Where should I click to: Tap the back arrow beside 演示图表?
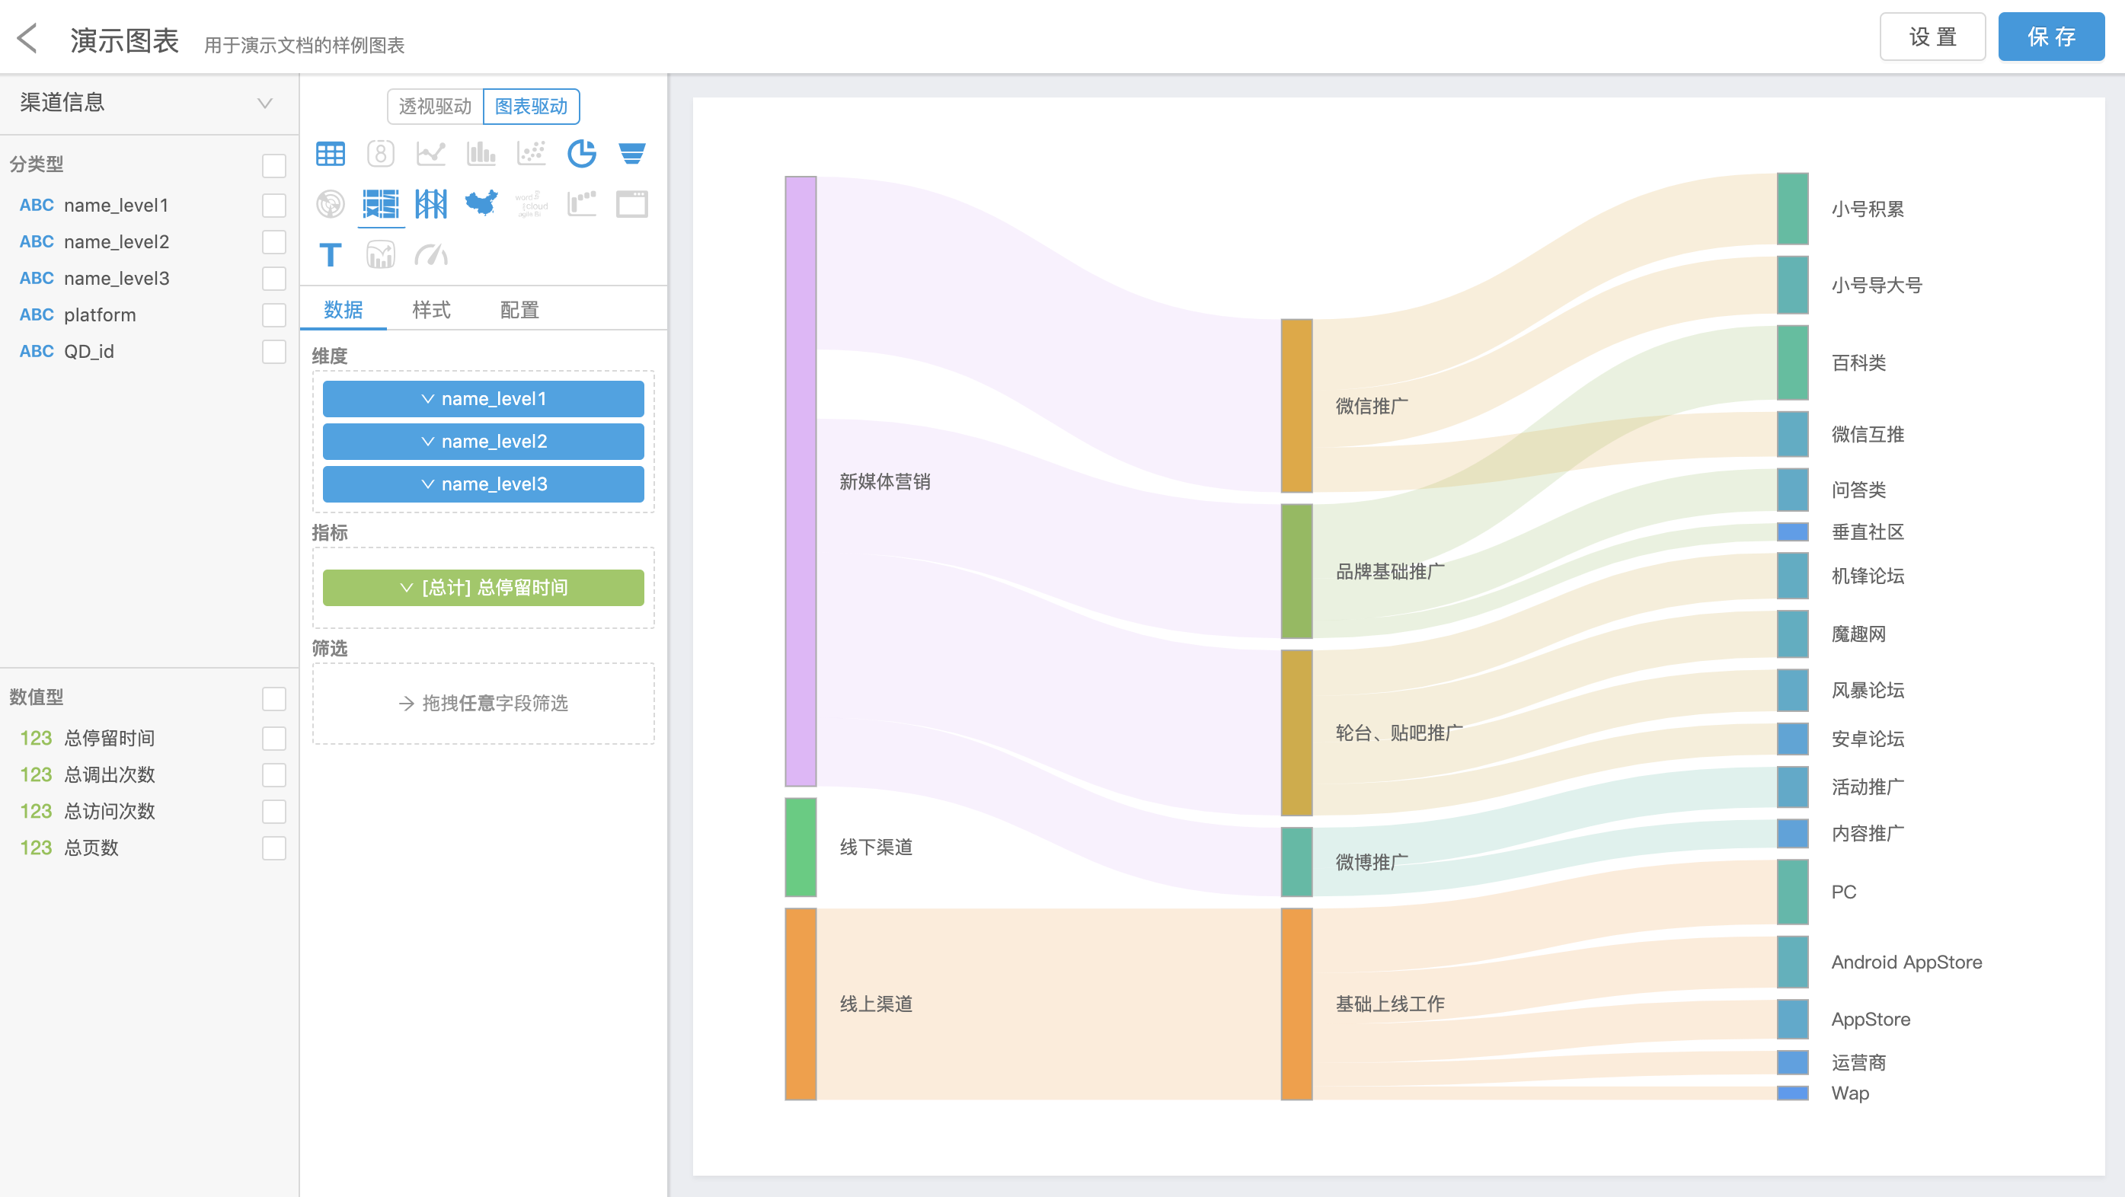pos(28,38)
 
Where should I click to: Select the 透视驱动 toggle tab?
pos(435,107)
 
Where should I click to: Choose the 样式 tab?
pos(430,310)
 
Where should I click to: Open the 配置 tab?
pos(519,310)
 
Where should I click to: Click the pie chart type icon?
pos(582,154)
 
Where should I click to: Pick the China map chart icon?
pos(481,203)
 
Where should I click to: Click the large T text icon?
pos(330,255)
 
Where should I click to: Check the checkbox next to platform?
pos(274,315)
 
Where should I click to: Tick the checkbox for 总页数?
pos(274,848)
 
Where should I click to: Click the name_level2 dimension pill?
pos(483,442)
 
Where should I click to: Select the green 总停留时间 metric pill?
pos(483,587)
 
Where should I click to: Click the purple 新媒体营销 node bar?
pos(800,481)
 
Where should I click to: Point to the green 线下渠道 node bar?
pos(800,847)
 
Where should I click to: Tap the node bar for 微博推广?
pos(1296,861)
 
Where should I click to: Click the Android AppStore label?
pos(1906,962)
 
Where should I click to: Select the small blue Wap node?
pos(1791,1093)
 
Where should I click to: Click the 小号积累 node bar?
pos(1791,209)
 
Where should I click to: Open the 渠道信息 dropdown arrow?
pos(265,103)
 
